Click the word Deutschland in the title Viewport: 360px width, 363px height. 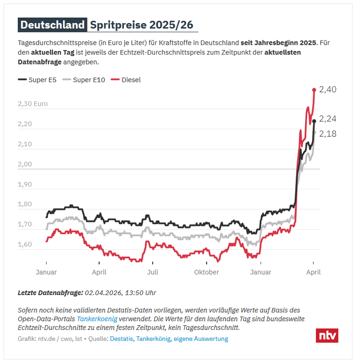[x=52, y=25]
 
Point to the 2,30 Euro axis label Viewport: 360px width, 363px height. [x=32, y=104]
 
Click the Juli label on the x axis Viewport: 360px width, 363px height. [x=153, y=272]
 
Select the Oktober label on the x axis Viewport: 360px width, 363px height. [x=206, y=272]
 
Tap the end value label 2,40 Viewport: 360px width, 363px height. [x=328, y=89]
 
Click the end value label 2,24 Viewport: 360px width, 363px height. [x=328, y=119]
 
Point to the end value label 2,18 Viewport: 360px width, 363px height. [x=328, y=133]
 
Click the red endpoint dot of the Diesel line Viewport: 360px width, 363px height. [x=314, y=90]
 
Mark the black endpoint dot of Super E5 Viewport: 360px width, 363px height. [x=314, y=121]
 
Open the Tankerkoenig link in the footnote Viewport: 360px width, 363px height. [x=97, y=319]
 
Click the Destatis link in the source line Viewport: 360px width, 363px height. [x=121, y=339]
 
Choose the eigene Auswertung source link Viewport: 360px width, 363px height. [x=201, y=339]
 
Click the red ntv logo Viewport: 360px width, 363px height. [x=327, y=335]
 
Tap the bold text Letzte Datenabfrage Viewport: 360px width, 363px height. [x=50, y=292]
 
